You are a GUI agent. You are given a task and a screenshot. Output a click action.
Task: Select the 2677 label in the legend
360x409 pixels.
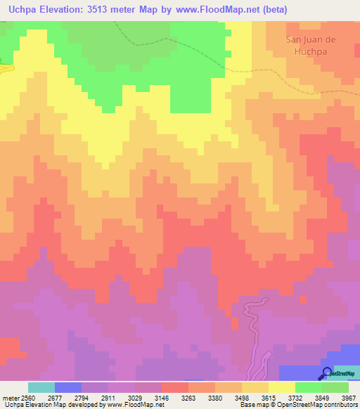point(53,397)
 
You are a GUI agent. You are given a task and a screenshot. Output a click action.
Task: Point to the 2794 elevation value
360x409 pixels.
point(80,397)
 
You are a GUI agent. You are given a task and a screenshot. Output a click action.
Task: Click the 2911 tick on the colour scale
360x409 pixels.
point(107,397)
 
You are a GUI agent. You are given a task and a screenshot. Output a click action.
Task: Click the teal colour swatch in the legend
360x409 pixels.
point(41,387)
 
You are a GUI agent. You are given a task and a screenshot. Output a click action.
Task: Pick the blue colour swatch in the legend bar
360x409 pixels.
point(67,387)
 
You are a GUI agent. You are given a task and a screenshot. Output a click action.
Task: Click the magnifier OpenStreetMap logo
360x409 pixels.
point(326,373)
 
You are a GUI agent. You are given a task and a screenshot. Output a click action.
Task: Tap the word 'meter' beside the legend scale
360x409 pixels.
point(9,397)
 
